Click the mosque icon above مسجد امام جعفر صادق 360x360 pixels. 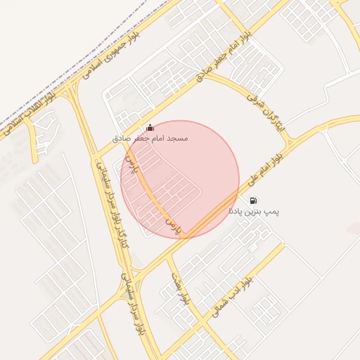click(149, 128)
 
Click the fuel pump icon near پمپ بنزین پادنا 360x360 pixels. click(253, 201)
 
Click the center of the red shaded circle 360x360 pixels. click(180, 179)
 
